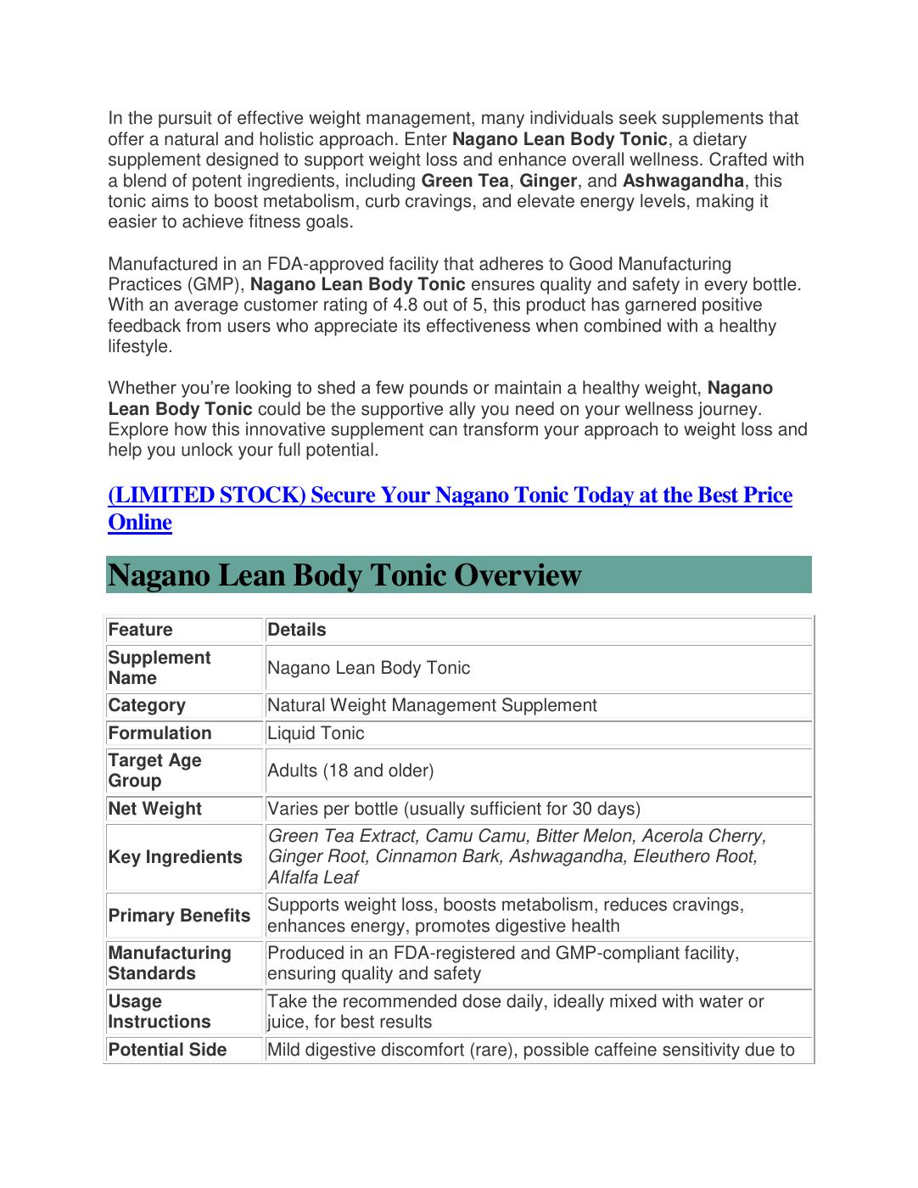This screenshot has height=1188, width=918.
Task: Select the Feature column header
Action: [x=140, y=630]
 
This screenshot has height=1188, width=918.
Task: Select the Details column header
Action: [x=297, y=630]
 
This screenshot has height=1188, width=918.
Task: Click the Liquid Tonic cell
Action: [x=316, y=733]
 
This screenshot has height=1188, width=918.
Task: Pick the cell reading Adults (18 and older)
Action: [x=350, y=771]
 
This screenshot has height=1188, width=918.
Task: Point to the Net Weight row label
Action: [x=154, y=809]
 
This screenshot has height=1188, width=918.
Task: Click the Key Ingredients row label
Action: [x=175, y=857]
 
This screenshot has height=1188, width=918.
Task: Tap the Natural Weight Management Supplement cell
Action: [x=432, y=705]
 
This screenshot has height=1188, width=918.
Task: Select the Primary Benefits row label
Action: [x=179, y=916]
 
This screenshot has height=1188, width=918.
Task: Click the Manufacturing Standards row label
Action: [x=169, y=963]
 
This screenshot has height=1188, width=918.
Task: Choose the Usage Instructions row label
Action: [x=159, y=1011]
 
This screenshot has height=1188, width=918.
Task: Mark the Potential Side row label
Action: [x=167, y=1050]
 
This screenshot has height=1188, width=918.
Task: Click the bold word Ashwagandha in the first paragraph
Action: [x=683, y=181]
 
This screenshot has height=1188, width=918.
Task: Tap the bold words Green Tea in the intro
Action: [x=465, y=181]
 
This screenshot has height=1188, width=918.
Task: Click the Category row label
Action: [x=146, y=705]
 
